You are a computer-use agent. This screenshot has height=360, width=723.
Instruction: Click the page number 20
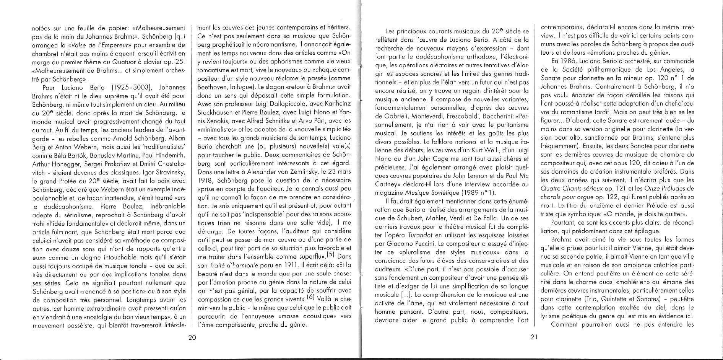click(192, 338)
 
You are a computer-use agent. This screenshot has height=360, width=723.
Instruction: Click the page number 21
click(534, 338)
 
